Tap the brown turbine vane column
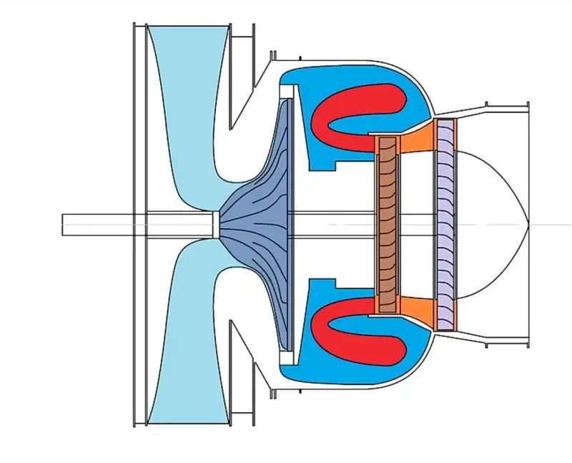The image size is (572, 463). pos(387,224)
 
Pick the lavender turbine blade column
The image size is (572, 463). pos(445,224)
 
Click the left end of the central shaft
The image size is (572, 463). pos(64,224)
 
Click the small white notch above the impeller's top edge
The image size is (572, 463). pos(287,92)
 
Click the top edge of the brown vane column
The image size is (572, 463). pos(387,137)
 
